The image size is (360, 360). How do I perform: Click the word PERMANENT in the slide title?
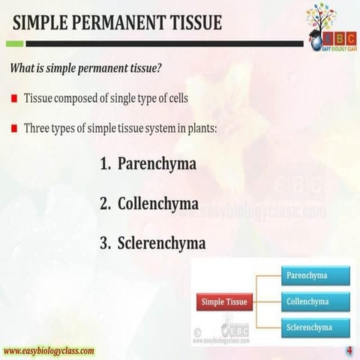(x=129, y=23)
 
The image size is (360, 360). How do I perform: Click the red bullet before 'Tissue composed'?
(x=14, y=99)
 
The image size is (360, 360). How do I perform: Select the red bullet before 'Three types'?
(x=14, y=128)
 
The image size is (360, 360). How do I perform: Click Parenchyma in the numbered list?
(x=157, y=163)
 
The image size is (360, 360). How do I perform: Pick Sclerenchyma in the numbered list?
(x=161, y=243)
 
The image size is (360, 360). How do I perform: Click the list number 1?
(x=104, y=163)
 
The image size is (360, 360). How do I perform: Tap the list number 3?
(x=104, y=243)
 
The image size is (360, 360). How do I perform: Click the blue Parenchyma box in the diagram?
(x=316, y=275)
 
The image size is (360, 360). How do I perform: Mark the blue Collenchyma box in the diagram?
(x=316, y=301)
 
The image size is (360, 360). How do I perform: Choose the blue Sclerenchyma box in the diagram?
(x=316, y=328)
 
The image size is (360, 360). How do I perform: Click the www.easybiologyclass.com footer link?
(x=49, y=350)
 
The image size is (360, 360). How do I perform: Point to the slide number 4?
(x=349, y=351)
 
